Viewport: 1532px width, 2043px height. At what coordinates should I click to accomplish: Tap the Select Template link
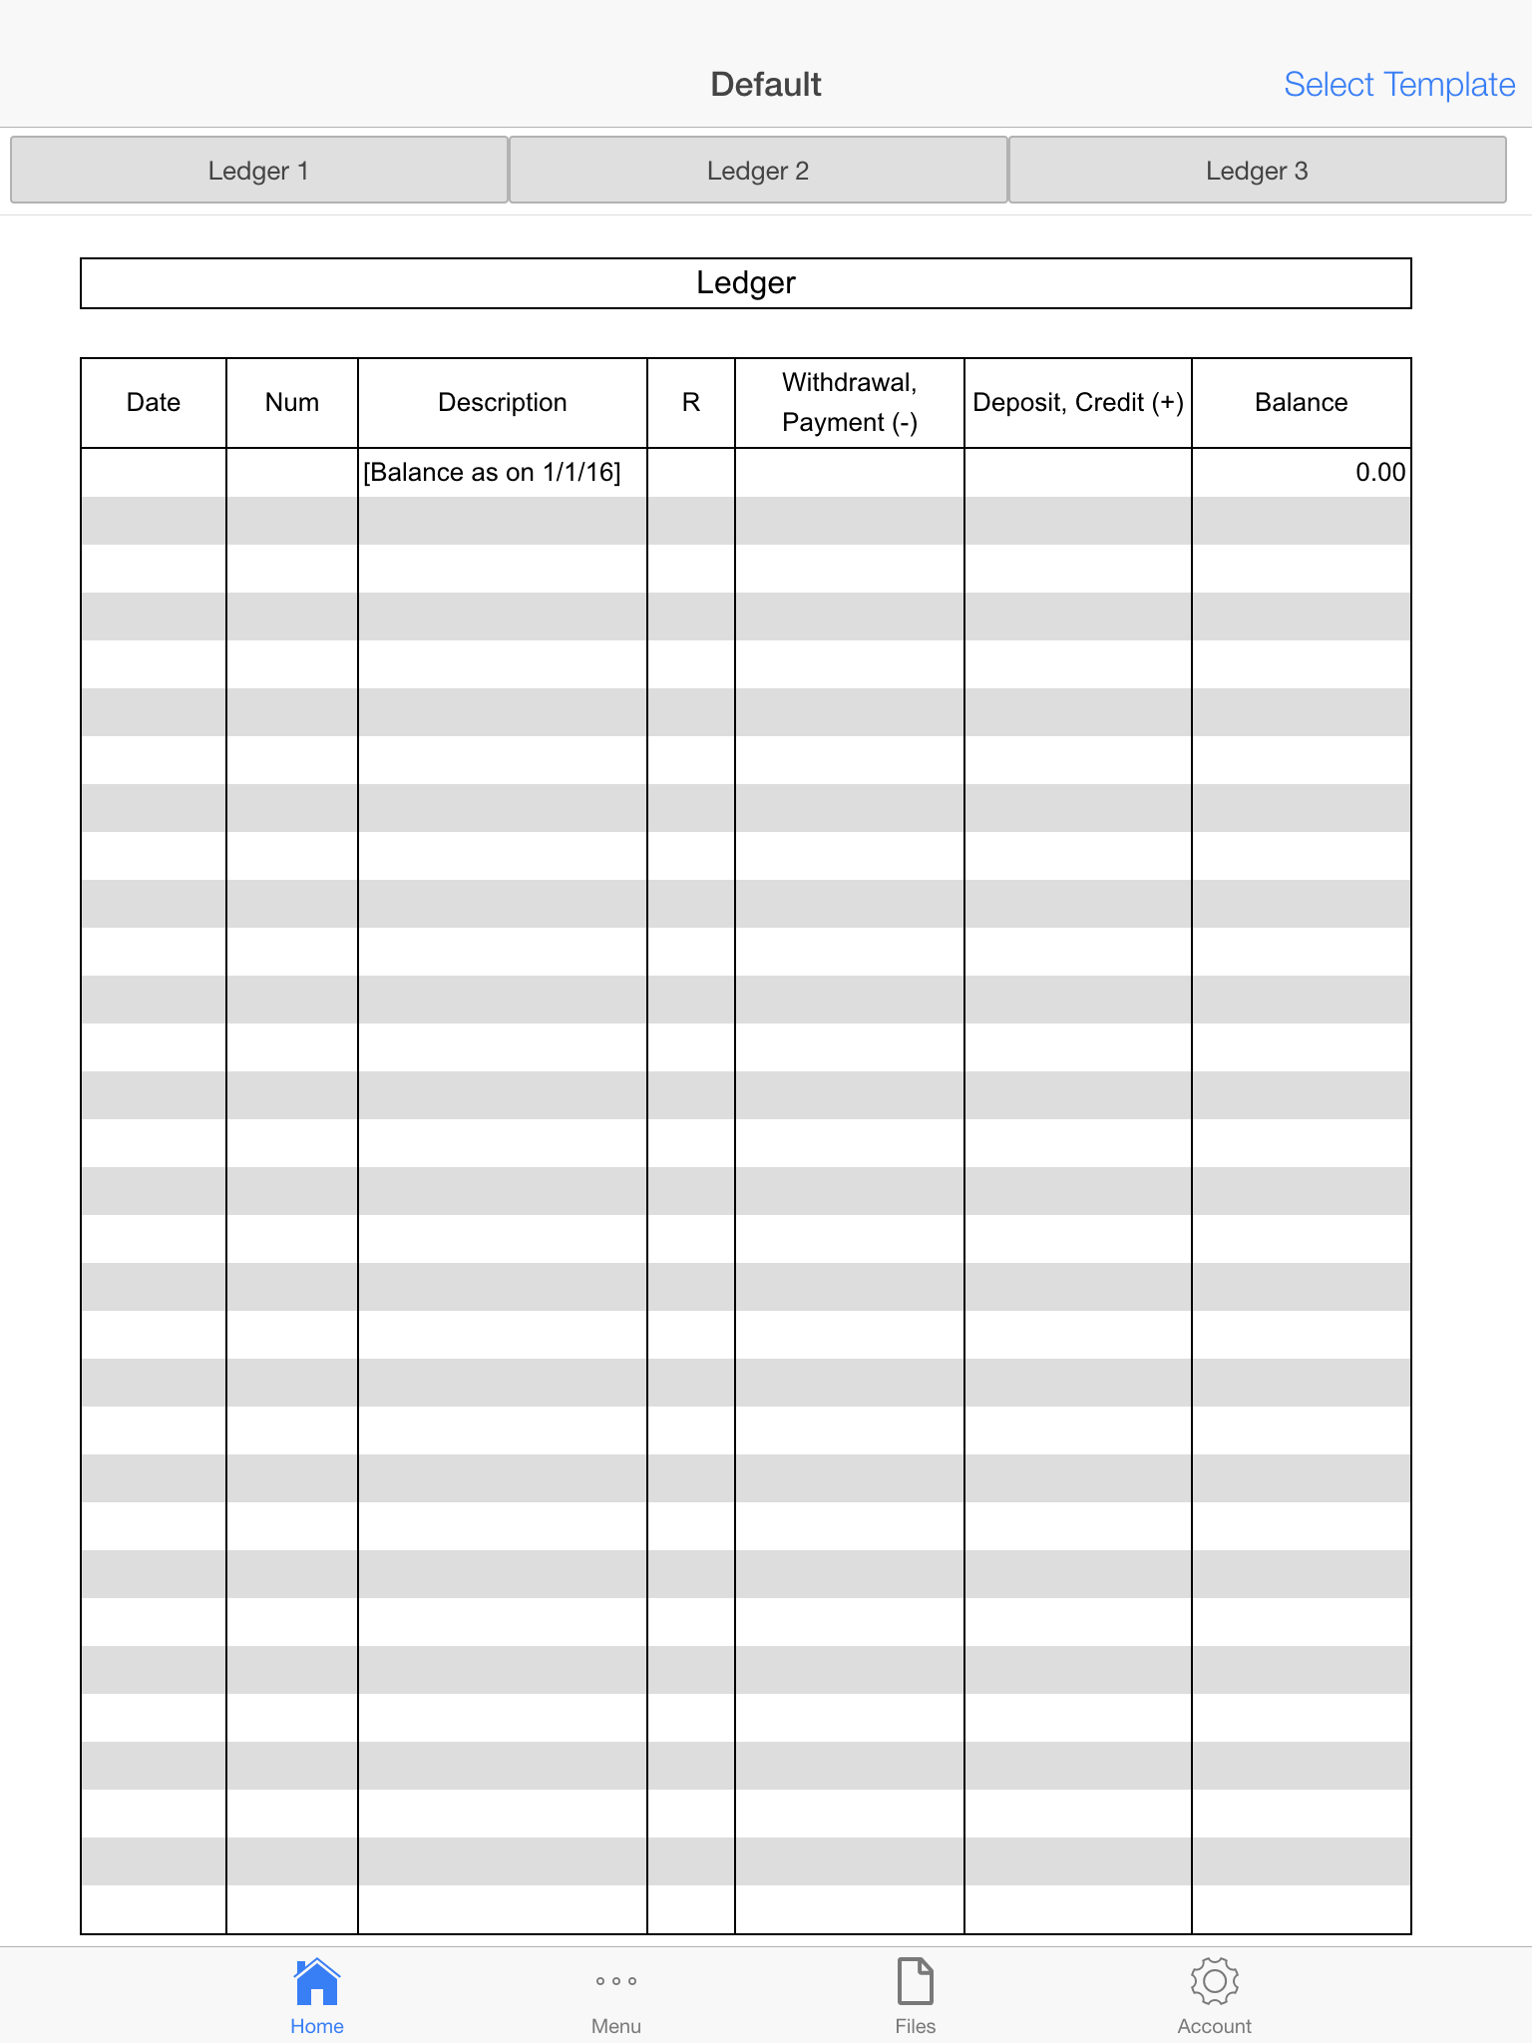(1398, 85)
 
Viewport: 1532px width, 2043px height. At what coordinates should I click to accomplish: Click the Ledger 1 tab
(258, 171)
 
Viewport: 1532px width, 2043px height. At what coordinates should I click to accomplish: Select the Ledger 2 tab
(758, 171)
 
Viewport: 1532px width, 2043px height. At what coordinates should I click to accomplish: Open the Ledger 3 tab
(1257, 171)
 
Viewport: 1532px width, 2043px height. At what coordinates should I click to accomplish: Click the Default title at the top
(765, 85)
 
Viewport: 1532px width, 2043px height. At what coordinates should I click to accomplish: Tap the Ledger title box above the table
(745, 283)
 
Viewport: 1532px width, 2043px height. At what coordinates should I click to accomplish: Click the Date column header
(154, 402)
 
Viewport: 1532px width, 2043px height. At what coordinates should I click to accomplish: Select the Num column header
(292, 402)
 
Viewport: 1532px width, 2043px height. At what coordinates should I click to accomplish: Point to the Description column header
(502, 402)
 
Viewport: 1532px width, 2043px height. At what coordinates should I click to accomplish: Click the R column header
(690, 402)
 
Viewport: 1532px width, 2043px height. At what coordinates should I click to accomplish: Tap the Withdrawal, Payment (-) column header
(849, 402)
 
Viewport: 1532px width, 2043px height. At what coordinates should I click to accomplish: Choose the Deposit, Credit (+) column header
(1077, 402)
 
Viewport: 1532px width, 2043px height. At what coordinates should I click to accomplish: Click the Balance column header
(1301, 402)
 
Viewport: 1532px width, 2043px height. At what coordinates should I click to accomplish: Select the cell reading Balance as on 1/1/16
(492, 472)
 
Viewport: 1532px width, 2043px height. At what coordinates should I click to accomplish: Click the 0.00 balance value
(1379, 472)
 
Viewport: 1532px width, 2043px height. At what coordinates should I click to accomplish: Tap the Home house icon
(317, 1981)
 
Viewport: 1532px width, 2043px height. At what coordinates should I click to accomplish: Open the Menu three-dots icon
(616, 1981)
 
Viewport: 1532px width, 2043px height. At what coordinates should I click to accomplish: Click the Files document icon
(915, 1981)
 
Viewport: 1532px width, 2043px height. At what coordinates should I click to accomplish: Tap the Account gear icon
(1214, 1981)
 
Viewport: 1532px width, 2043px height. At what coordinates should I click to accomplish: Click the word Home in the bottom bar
(317, 2026)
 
